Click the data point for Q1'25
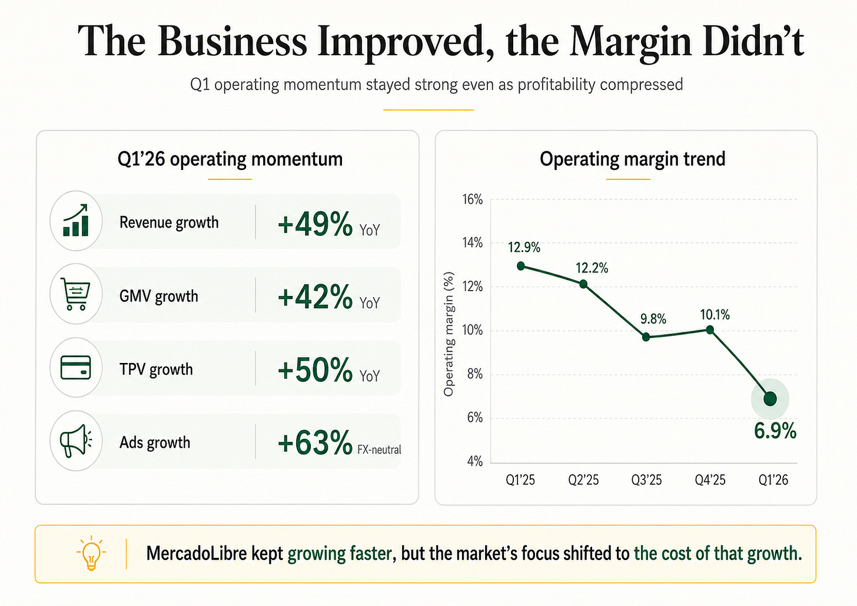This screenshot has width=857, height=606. pyautogui.click(x=521, y=266)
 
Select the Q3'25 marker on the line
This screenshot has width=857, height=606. pyautogui.click(x=646, y=337)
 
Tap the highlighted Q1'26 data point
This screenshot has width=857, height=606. pyautogui.click(x=770, y=399)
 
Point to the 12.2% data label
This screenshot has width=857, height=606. pyautogui.click(x=592, y=268)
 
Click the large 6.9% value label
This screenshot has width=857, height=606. pyautogui.click(x=775, y=431)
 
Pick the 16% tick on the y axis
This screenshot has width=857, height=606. pyautogui.click(x=473, y=199)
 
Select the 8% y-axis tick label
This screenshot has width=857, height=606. pyautogui.click(x=475, y=374)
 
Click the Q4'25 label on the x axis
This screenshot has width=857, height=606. pyautogui.click(x=710, y=480)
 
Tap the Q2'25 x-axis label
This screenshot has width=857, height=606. pyautogui.click(x=583, y=480)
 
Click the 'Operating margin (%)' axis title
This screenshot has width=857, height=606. pyautogui.click(x=449, y=334)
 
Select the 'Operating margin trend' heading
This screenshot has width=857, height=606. pyautogui.click(x=632, y=159)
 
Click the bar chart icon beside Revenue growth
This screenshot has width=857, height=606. pyautogui.click(x=76, y=220)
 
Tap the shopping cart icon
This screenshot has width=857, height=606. pyautogui.click(x=75, y=294)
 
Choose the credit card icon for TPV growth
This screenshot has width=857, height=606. pyautogui.click(x=76, y=367)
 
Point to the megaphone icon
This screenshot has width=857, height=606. pyautogui.click(x=76, y=441)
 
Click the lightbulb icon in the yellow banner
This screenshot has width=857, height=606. pyautogui.click(x=91, y=553)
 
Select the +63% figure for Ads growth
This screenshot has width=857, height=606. pyautogui.click(x=315, y=442)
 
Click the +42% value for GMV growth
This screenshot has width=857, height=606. pyautogui.click(x=315, y=297)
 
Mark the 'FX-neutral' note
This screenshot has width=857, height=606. pyautogui.click(x=379, y=449)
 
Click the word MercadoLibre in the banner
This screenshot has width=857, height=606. pyautogui.click(x=197, y=553)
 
